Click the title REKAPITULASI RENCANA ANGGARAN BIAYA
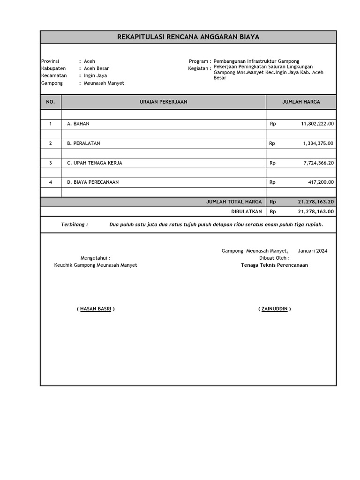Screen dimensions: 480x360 [x=188, y=37]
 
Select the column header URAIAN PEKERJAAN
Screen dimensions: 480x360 [x=164, y=102]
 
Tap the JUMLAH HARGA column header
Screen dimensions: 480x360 [x=301, y=102]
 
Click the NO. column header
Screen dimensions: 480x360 [x=51, y=102]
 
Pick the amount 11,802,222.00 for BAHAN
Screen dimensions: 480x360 [x=317, y=124]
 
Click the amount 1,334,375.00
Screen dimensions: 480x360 [x=318, y=143]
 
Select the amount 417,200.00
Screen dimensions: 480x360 [x=321, y=182]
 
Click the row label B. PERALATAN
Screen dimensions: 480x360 [x=83, y=143]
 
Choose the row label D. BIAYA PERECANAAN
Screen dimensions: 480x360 [x=93, y=182]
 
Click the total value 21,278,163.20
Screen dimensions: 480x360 [x=315, y=202]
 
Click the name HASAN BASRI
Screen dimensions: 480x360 [x=96, y=309]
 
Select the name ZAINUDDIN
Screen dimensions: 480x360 [x=274, y=309]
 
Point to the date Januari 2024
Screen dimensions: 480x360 [x=312, y=251]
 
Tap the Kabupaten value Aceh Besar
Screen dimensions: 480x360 [x=96, y=68]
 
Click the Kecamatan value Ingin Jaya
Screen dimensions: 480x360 [x=95, y=75]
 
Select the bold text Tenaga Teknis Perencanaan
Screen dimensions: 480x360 [x=274, y=265]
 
